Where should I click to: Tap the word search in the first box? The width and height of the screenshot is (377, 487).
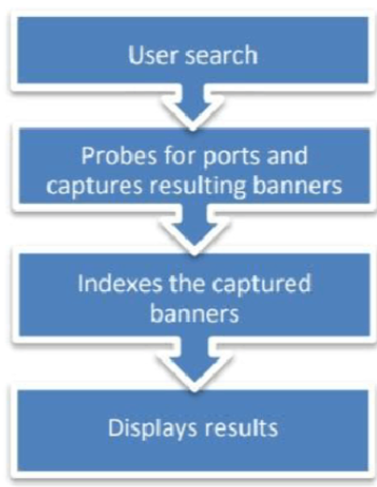[222, 55]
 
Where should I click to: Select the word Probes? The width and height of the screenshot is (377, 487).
[119, 156]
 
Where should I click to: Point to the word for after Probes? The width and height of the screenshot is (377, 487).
[180, 155]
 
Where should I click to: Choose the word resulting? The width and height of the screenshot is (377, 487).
[198, 186]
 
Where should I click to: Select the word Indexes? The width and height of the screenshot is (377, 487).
[120, 283]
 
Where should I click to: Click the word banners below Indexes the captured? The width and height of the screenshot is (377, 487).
[195, 313]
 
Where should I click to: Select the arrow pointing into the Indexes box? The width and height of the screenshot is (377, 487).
[194, 229]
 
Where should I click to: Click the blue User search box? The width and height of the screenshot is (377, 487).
[193, 50]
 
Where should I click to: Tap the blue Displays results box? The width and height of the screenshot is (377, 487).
[193, 431]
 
